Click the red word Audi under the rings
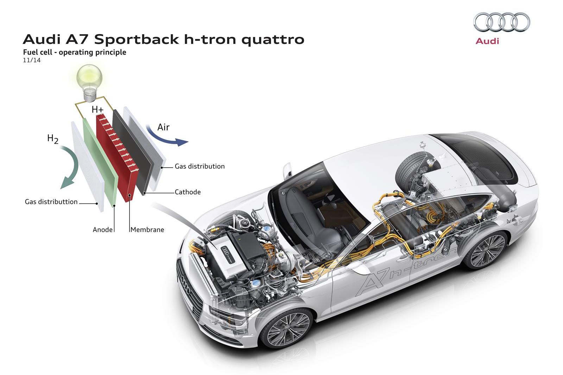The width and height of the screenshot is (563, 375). [487, 41]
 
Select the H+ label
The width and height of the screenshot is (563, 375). [98, 110]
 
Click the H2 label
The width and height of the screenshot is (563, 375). [53, 139]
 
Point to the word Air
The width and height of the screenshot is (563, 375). [163, 127]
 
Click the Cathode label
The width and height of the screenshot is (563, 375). [188, 192]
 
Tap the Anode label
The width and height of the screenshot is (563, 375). [102, 229]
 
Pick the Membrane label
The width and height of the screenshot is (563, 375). [147, 229]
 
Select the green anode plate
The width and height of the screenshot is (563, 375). [99, 158]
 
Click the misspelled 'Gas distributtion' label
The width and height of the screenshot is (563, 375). [51, 202]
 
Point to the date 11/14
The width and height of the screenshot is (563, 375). [32, 60]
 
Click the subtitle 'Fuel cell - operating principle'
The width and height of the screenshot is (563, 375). [75, 52]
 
